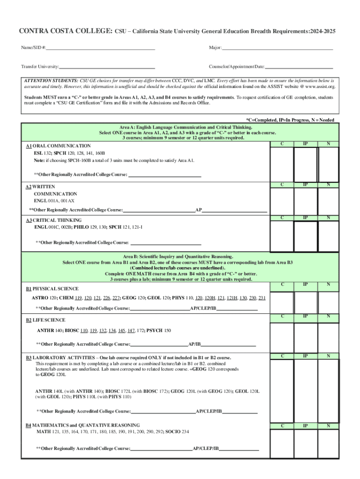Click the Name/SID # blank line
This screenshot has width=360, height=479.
coord(101,48)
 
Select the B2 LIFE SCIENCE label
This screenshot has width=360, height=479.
coord(45,320)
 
